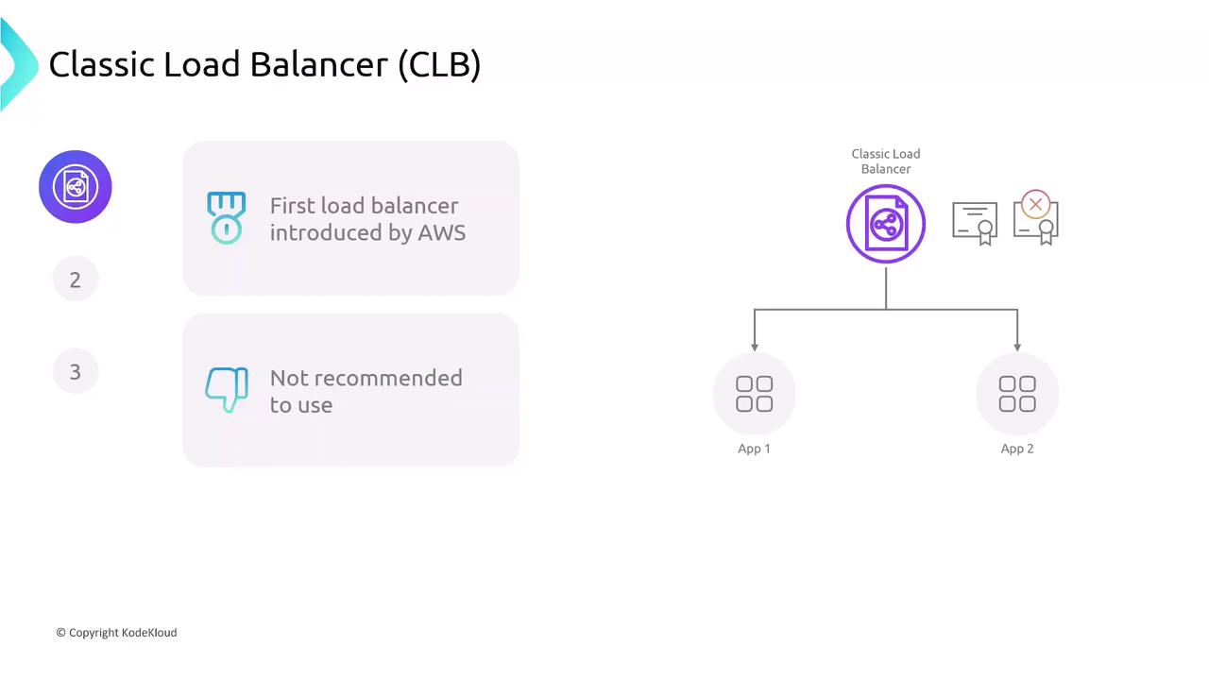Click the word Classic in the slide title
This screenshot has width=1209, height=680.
[x=101, y=64]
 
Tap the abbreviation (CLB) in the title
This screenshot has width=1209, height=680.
[x=439, y=64]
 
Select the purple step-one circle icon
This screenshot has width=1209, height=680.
[x=76, y=187]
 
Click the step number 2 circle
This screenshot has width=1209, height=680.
[x=76, y=280]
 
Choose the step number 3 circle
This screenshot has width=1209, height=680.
[x=76, y=372]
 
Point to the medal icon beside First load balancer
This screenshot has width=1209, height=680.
[x=226, y=218]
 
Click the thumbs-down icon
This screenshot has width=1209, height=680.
[x=227, y=389]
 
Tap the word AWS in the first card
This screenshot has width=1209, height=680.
[x=441, y=232]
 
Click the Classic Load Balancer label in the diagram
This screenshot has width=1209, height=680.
[x=885, y=161]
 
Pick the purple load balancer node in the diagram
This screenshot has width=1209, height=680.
[x=885, y=224]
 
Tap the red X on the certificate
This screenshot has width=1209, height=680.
[x=1035, y=204]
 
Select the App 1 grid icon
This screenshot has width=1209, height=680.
[x=754, y=394]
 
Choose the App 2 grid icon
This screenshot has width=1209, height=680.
[x=1017, y=394]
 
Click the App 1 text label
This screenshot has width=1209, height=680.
[x=754, y=449]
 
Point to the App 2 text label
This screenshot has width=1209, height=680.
[x=1017, y=449]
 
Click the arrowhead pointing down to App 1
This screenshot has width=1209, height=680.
[x=754, y=347]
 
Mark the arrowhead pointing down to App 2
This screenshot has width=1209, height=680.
[x=1017, y=347]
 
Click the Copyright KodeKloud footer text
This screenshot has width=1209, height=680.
[x=116, y=633]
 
